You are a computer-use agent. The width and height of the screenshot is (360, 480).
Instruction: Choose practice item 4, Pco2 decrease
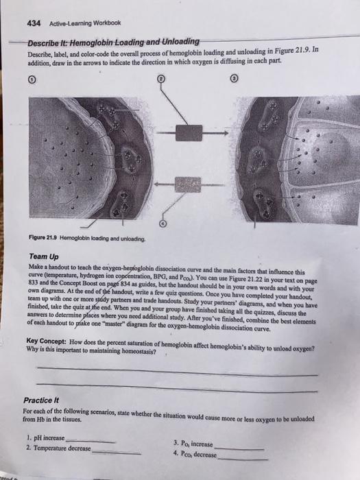[195, 454]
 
